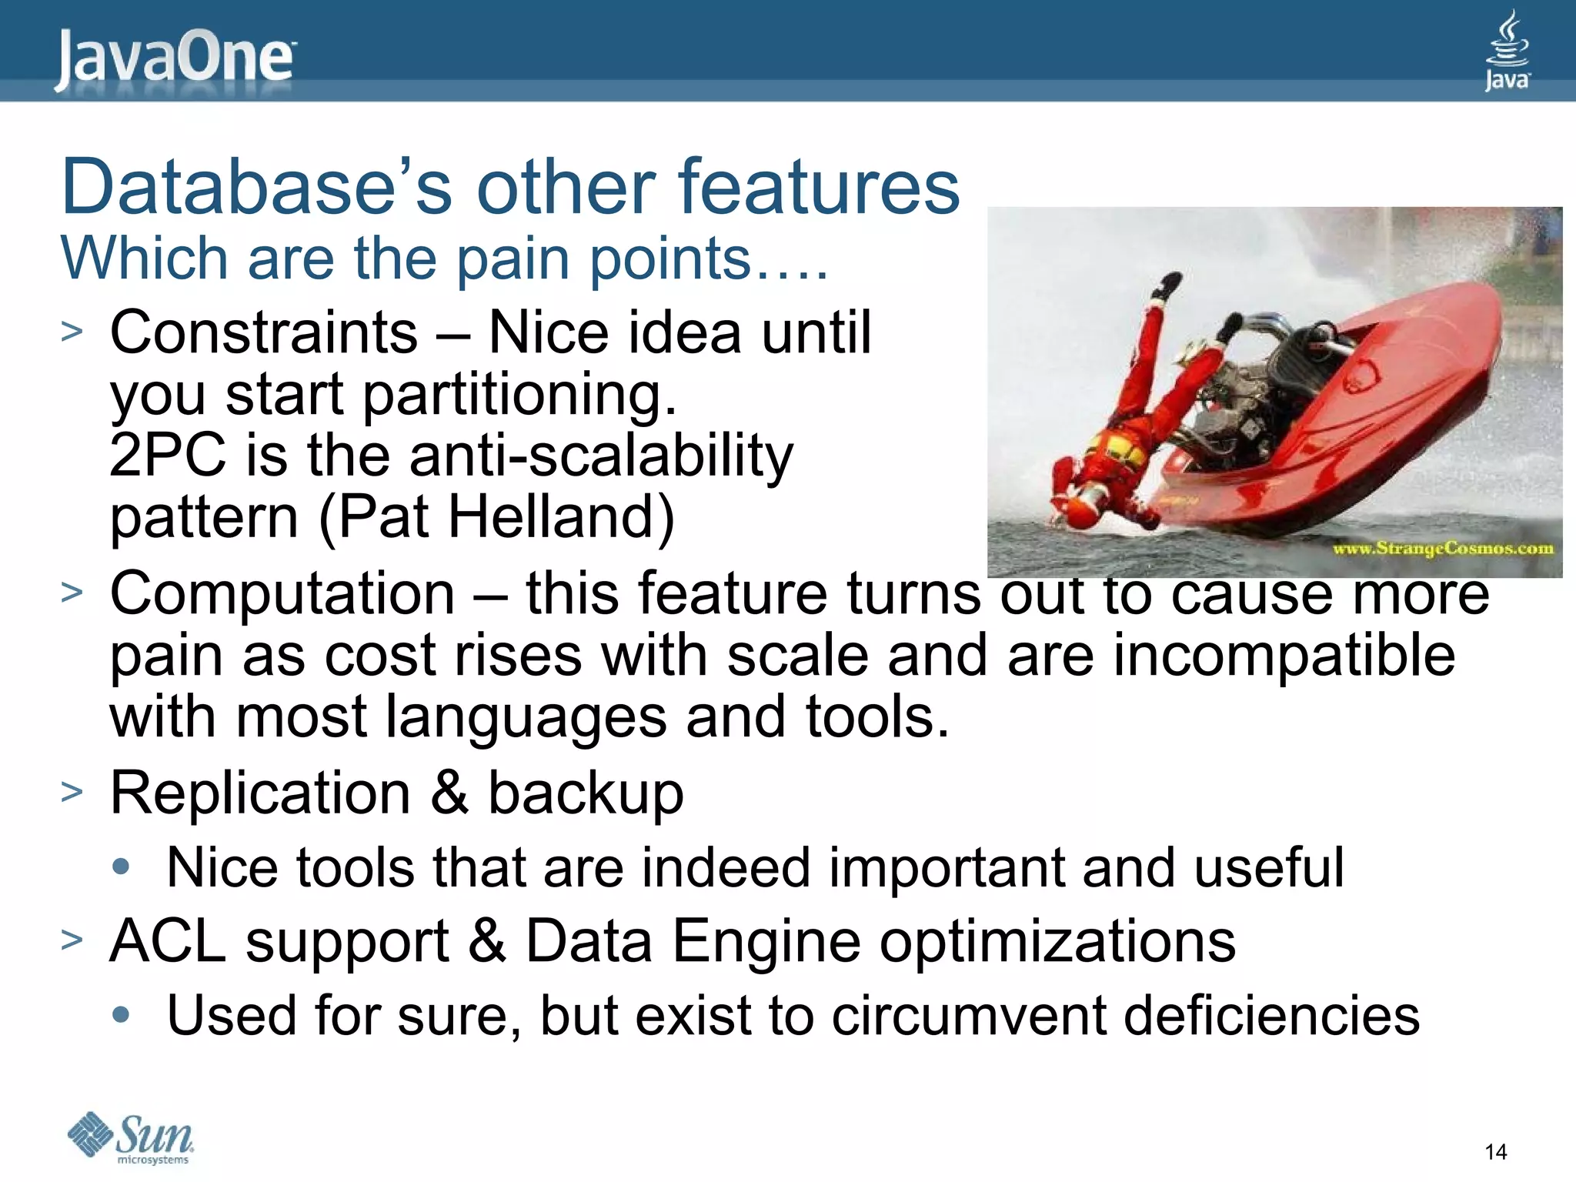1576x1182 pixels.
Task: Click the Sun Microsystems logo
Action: click(131, 1137)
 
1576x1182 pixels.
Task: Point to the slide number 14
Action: click(1495, 1152)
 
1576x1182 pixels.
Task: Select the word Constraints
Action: click(264, 332)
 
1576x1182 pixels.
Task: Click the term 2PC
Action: click(167, 456)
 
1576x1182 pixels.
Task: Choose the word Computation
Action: click(282, 593)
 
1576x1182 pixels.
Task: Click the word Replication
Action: click(260, 793)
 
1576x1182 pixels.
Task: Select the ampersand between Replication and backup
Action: click(449, 793)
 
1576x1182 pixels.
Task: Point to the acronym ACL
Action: click(167, 941)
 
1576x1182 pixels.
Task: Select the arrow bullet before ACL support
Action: click(72, 940)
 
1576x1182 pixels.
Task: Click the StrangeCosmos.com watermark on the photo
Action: click(1443, 549)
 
